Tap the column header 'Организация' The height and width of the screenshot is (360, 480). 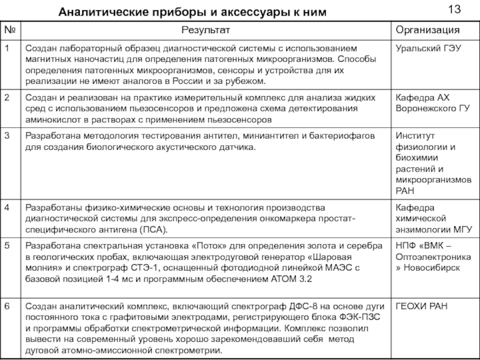427,29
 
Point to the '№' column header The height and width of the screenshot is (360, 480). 10,29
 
